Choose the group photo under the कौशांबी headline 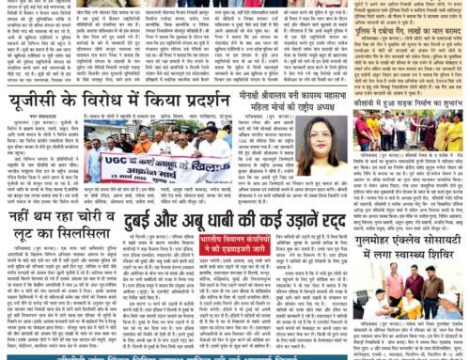point(412,133)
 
